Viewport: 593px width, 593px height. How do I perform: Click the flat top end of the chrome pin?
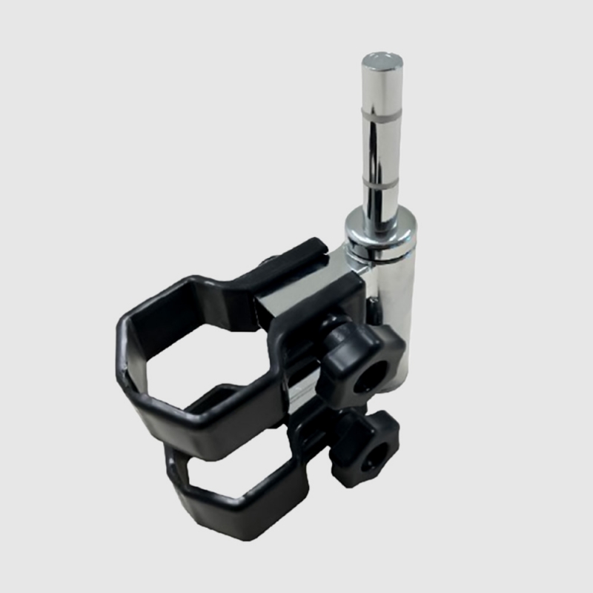[x=382, y=60]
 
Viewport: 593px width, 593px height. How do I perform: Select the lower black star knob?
[x=365, y=451]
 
